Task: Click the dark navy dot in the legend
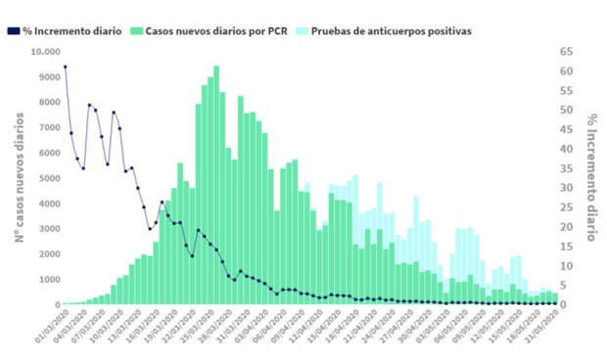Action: pyautogui.click(x=11, y=31)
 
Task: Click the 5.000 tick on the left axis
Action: pyautogui.click(x=47, y=178)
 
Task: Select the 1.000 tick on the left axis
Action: pyautogui.click(x=47, y=280)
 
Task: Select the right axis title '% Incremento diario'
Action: pyautogui.click(x=592, y=177)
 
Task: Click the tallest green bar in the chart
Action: pyautogui.click(x=216, y=186)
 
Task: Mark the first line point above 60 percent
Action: pyautogui.click(x=65, y=67)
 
